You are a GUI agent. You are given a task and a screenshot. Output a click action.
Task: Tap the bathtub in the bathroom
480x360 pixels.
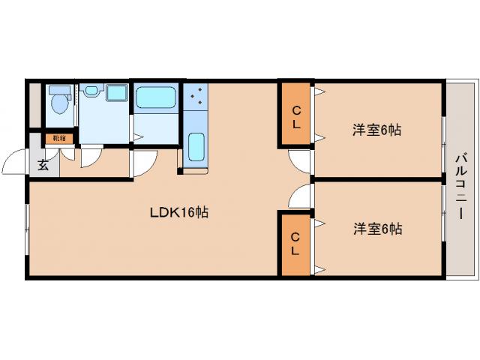(x=155, y=97)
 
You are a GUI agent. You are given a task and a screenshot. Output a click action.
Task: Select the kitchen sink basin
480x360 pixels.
(x=196, y=146)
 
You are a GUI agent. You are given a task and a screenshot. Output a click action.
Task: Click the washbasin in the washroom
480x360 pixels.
(x=91, y=91)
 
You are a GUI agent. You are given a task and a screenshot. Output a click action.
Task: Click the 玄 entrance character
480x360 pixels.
(x=43, y=165)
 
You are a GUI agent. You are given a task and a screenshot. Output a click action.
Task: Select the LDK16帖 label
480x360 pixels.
(x=178, y=212)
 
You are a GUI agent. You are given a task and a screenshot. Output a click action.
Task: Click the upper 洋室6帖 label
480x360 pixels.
(x=376, y=130)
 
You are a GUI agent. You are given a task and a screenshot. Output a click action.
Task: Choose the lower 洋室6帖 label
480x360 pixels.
(x=376, y=229)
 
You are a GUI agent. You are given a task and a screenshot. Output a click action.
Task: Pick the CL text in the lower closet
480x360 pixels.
(x=296, y=243)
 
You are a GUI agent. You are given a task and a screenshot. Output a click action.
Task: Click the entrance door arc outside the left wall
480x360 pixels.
(x=14, y=163)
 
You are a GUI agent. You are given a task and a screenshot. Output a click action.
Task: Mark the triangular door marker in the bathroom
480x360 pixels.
(x=138, y=136)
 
